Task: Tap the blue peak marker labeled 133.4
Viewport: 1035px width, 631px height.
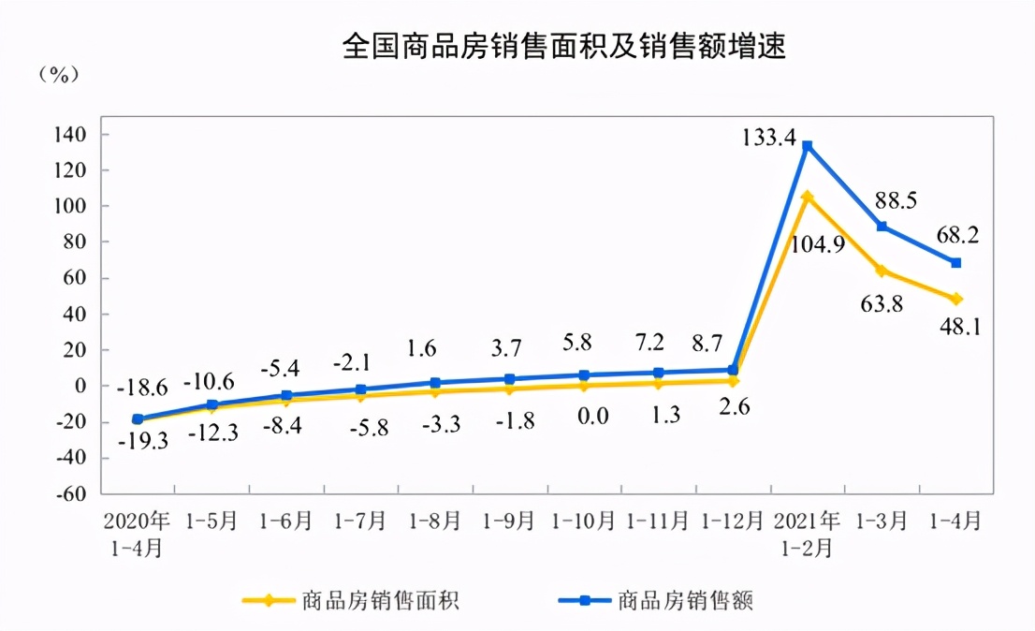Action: [x=807, y=146]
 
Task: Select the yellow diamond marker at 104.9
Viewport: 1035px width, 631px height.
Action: [x=807, y=197]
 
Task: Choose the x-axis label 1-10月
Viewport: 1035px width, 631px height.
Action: [x=584, y=521]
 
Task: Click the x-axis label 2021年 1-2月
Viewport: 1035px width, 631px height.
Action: [x=807, y=534]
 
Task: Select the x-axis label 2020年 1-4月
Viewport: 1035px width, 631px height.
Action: [x=138, y=534]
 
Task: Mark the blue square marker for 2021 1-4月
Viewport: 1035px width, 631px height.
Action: [x=955, y=263]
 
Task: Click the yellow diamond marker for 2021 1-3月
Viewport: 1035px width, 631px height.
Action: [x=882, y=271]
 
